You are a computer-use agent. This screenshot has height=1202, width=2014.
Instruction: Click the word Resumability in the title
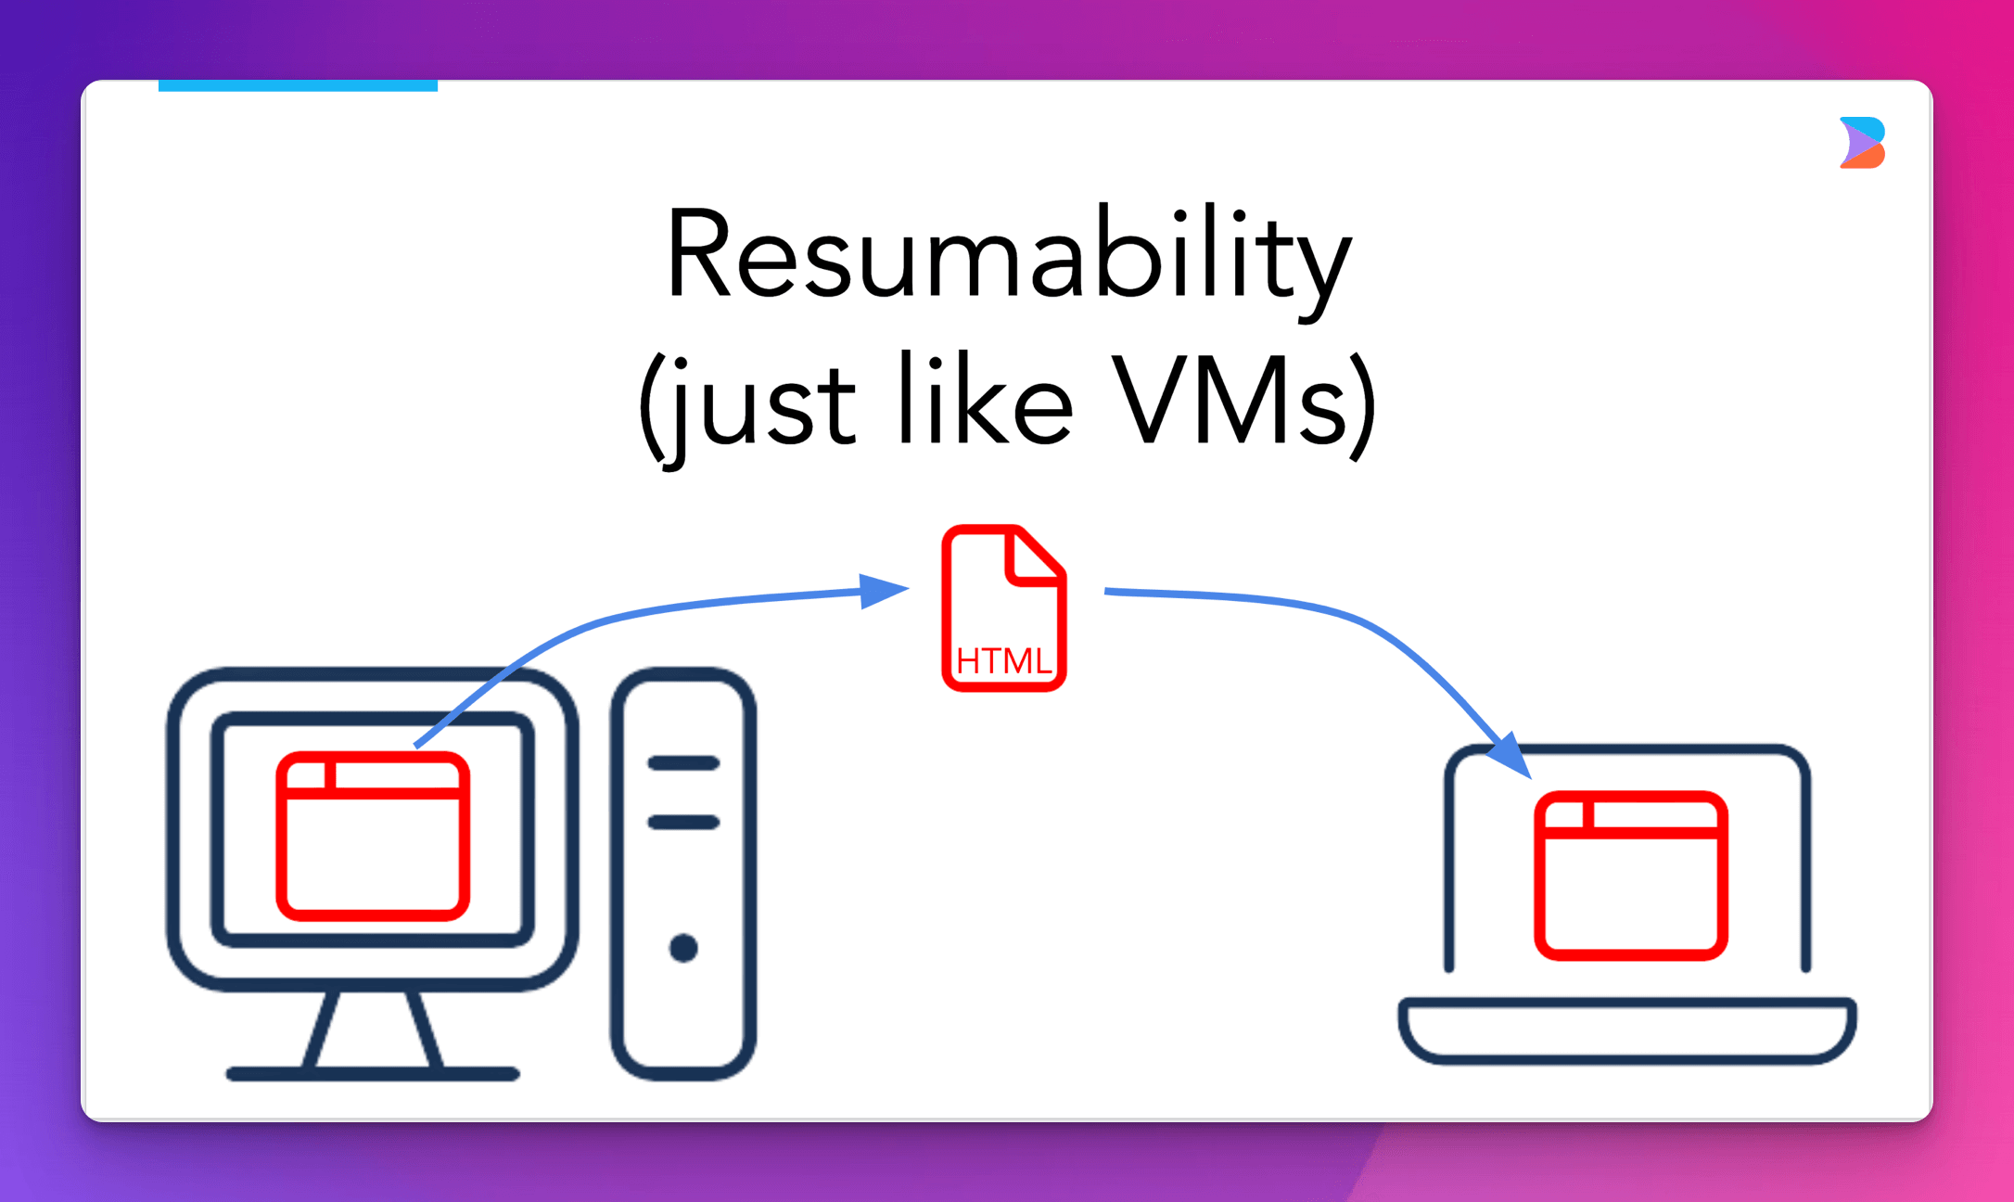(1009, 255)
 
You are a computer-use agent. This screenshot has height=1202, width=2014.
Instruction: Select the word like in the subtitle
(986, 401)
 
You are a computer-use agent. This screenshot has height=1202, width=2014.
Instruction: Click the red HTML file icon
(1003, 608)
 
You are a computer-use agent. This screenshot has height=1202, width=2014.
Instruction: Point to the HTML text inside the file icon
(1003, 661)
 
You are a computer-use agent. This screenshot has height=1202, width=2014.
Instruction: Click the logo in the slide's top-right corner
(1862, 143)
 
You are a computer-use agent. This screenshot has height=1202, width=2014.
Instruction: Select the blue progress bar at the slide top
(298, 85)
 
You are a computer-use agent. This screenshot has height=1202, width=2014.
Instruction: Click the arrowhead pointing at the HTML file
(882, 590)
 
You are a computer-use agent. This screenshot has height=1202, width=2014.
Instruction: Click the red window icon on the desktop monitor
(373, 837)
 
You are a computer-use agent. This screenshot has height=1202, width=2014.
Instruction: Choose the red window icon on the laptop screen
(1630, 876)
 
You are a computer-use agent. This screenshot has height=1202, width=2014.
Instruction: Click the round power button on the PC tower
(683, 948)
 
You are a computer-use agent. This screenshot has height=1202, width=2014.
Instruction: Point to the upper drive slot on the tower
(683, 763)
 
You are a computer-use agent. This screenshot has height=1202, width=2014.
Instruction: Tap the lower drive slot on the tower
(683, 822)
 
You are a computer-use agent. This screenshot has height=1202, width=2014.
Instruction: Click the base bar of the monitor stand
(373, 1074)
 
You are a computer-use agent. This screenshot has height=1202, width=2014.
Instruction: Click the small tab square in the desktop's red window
(307, 774)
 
